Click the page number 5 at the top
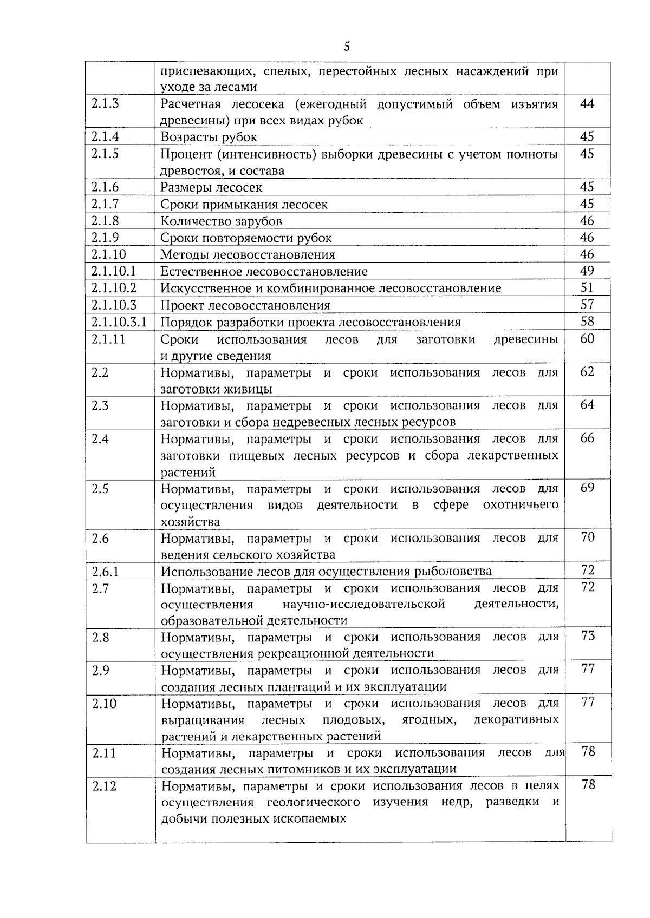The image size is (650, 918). (x=347, y=47)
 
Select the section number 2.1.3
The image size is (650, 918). (x=105, y=103)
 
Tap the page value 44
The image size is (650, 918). (x=587, y=103)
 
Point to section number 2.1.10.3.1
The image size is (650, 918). (x=119, y=322)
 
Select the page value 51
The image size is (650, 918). (x=587, y=287)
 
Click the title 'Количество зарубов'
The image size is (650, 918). (x=221, y=221)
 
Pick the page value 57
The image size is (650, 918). (x=587, y=304)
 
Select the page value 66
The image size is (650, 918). (x=587, y=438)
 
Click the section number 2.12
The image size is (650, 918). (x=105, y=786)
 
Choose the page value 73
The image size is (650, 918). (x=588, y=636)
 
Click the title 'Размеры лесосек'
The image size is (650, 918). (x=211, y=188)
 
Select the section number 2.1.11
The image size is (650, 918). (x=108, y=339)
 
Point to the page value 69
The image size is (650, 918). (x=587, y=488)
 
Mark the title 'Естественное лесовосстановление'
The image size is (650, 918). (x=264, y=272)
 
